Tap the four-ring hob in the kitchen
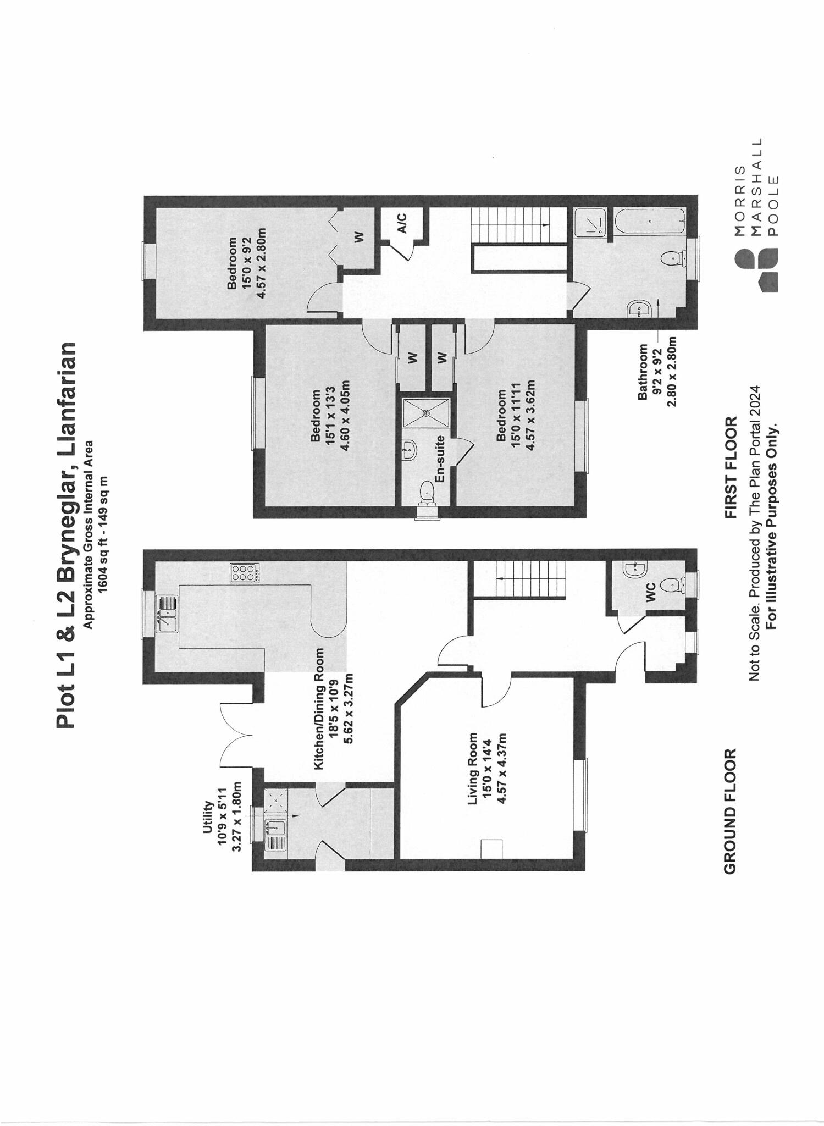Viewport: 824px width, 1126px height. (x=244, y=573)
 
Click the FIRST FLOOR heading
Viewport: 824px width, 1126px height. (x=731, y=467)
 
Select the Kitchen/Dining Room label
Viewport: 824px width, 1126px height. (x=319, y=709)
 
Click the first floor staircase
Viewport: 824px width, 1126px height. (x=518, y=224)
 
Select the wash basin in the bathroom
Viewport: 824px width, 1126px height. (x=639, y=309)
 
